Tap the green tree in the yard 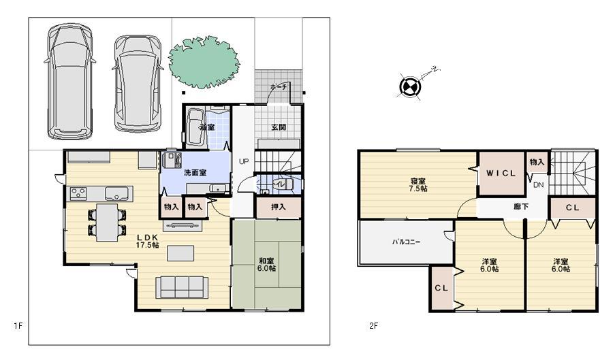coord(205,61)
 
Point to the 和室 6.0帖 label coord(267,264)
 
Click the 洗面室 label coord(195,173)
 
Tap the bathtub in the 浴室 coord(195,128)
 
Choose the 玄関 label coord(279,127)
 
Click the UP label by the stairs coord(243,161)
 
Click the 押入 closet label coord(278,206)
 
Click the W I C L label coord(501,174)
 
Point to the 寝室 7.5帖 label coord(418,185)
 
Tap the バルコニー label coord(406,242)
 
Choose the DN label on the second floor coord(538,185)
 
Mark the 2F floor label coord(373,325)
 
